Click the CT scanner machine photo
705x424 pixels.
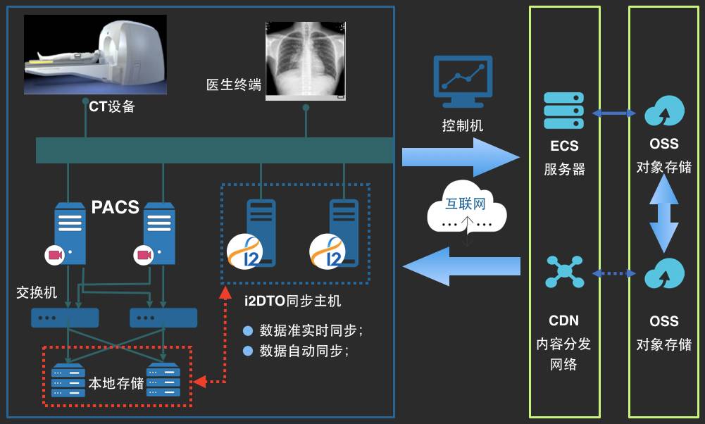point(95,54)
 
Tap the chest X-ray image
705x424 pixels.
point(306,60)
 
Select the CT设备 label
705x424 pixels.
point(111,106)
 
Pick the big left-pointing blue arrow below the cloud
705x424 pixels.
point(461,266)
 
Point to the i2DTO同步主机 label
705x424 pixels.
point(292,301)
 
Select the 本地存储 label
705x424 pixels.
point(116,383)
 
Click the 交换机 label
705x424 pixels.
point(36,292)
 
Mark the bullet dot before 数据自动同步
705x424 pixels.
point(247,350)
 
